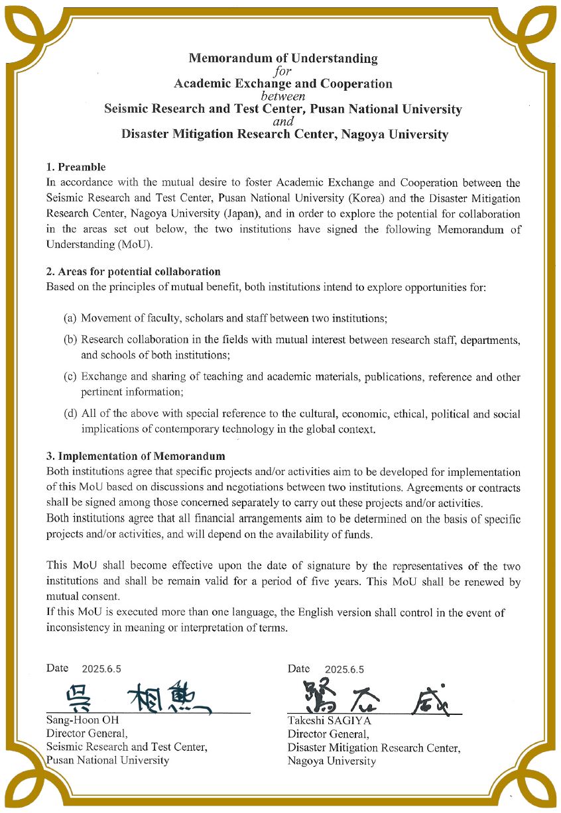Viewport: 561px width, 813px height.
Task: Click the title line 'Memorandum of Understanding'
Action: [283, 58]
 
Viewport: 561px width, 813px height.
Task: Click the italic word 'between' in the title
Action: [283, 96]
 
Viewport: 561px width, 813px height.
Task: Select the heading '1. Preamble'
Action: [76, 167]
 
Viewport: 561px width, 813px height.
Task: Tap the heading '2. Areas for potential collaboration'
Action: [133, 272]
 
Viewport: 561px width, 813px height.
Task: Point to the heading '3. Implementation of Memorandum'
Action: [135, 456]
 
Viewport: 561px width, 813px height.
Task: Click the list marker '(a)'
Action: [70, 319]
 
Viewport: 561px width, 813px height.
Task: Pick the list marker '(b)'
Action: [70, 340]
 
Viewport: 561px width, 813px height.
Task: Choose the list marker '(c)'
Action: [70, 377]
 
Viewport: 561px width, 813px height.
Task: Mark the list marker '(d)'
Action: [70, 414]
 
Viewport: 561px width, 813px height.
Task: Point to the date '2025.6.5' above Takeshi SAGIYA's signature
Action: [344, 669]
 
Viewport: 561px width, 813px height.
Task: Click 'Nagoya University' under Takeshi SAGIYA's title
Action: [332, 761]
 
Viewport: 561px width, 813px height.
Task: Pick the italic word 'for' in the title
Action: [283, 71]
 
